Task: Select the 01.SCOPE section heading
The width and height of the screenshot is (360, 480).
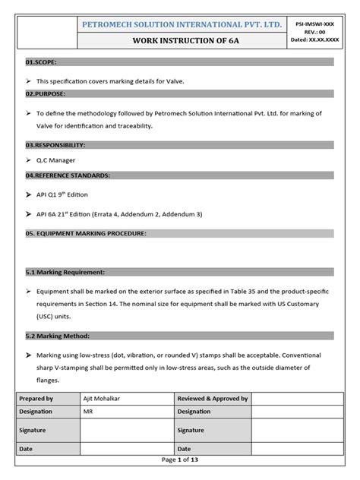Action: pos(41,62)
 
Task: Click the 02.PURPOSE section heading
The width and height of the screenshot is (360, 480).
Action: pos(46,93)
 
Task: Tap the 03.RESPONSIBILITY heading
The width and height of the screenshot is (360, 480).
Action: pos(55,144)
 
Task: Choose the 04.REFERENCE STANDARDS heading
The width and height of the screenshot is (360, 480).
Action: pos(68,175)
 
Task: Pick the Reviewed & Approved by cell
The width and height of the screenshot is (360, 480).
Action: pos(212,398)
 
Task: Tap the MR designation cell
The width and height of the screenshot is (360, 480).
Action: pos(89,411)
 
